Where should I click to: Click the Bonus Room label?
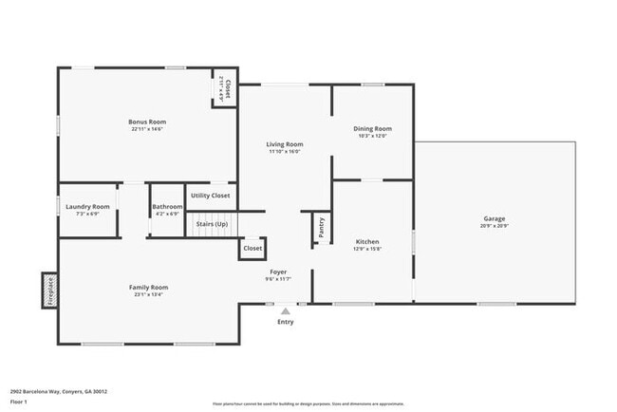(x=147, y=122)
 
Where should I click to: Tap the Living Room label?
(x=284, y=144)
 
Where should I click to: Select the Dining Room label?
(x=372, y=128)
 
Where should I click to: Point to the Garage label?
(x=494, y=219)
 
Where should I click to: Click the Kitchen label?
(x=367, y=241)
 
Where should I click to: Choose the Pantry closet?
(x=321, y=227)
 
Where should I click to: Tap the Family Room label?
(x=148, y=287)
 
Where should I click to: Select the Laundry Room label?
(x=87, y=206)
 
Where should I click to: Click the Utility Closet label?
(x=210, y=196)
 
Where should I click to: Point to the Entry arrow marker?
(x=285, y=309)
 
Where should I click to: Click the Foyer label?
(x=277, y=272)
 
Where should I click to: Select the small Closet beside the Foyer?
(x=252, y=248)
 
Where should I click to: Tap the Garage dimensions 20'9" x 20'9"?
(x=494, y=226)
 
